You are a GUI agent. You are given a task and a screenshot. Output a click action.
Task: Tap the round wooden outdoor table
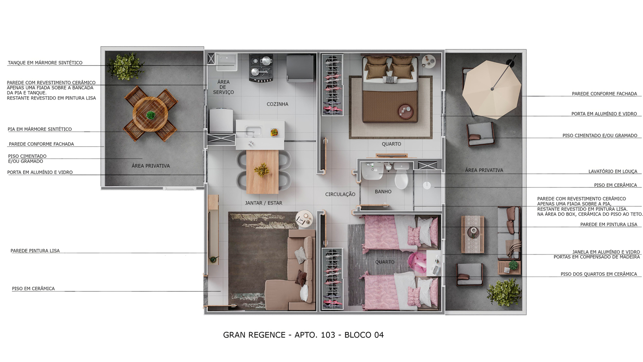click(x=150, y=114)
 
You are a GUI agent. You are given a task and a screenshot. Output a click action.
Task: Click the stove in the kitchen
click(x=261, y=67)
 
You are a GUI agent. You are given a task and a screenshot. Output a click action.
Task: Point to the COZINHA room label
click(x=277, y=104)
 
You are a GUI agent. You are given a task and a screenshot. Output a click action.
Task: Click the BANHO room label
click(x=383, y=192)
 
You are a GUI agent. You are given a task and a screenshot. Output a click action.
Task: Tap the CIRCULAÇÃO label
click(x=340, y=194)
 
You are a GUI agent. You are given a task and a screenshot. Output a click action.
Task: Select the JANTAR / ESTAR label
click(x=264, y=203)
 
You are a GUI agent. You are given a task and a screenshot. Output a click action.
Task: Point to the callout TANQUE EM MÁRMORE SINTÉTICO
click(x=45, y=63)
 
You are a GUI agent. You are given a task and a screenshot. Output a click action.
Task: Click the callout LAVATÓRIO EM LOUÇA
click(x=612, y=171)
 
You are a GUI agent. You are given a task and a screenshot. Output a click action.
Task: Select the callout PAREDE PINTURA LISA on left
click(x=35, y=251)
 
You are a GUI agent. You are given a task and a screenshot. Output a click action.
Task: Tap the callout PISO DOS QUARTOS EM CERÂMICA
click(x=598, y=274)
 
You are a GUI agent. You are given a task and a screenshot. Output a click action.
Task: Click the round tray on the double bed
click(x=406, y=111)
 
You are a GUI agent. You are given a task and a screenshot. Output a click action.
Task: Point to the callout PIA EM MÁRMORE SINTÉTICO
click(x=40, y=129)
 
